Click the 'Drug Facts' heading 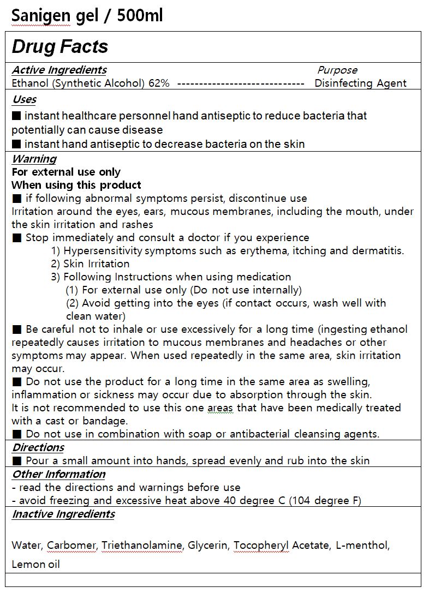[60, 47]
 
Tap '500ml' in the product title [139, 16]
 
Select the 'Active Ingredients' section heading [59, 70]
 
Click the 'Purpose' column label [337, 70]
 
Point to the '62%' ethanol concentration [159, 83]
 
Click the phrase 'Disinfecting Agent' [360, 83]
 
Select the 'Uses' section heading [24, 99]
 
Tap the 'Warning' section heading [34, 159]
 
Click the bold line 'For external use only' [66, 172]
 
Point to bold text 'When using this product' [76, 185]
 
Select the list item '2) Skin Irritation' [90, 264]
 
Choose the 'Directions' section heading [38, 447]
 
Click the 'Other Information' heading [58, 474]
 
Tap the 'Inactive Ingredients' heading [63, 514]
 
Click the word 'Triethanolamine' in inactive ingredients [142, 545]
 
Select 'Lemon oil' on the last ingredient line [35, 564]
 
